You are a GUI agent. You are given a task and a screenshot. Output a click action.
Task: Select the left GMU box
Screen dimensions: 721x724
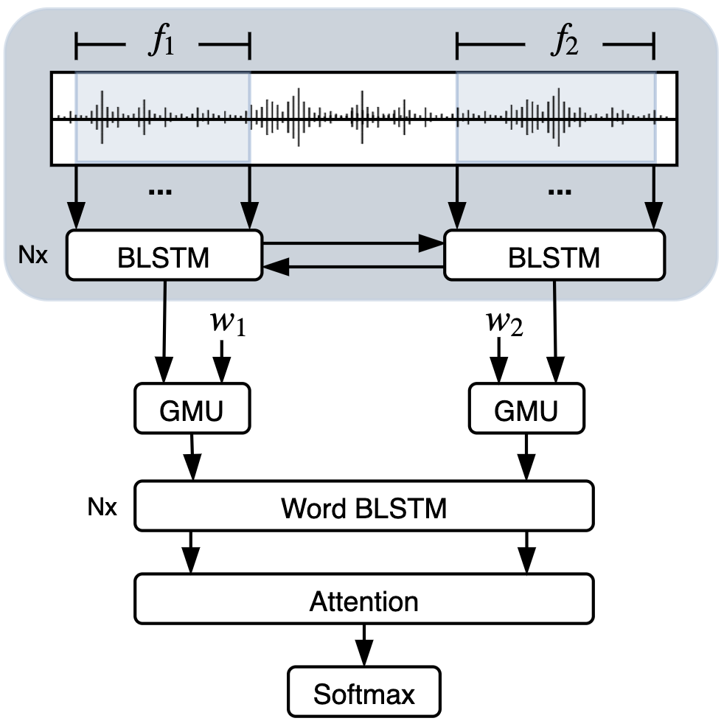[x=189, y=408]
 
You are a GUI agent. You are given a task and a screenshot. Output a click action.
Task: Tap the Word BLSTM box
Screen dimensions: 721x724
[x=363, y=506]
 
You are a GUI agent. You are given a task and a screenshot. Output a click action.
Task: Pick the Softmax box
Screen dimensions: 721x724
[x=363, y=692]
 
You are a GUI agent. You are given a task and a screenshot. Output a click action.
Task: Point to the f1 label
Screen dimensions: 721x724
[x=161, y=44]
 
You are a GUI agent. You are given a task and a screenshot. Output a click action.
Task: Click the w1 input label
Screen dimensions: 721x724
[x=229, y=325]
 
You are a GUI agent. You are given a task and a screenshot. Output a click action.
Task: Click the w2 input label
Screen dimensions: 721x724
[x=504, y=325]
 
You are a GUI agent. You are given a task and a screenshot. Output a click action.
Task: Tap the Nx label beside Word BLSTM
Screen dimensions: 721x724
[x=100, y=507]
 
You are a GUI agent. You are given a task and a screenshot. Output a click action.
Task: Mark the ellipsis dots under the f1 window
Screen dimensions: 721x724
[x=160, y=191]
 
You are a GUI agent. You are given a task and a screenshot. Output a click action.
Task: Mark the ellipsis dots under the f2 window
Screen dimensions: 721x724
[x=560, y=191]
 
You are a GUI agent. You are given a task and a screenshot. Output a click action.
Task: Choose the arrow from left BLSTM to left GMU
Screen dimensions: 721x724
[x=164, y=332]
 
